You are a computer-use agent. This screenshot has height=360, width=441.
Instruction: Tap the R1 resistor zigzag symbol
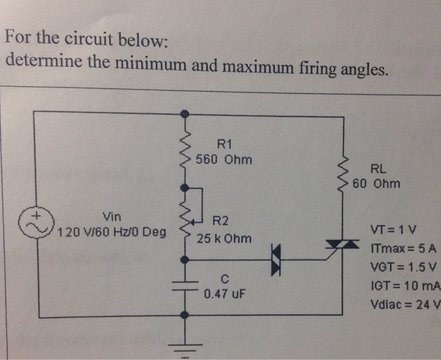click(185, 149)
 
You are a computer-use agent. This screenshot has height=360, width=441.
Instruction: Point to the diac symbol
click(276, 259)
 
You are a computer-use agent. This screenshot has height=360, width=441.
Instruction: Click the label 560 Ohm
click(224, 159)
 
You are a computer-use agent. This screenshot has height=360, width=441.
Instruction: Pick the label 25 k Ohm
click(224, 239)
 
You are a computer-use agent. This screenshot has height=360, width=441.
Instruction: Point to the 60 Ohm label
click(376, 184)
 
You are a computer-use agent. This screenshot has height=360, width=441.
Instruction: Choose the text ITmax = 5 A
click(401, 249)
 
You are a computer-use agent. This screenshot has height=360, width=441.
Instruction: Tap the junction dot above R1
click(185, 114)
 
